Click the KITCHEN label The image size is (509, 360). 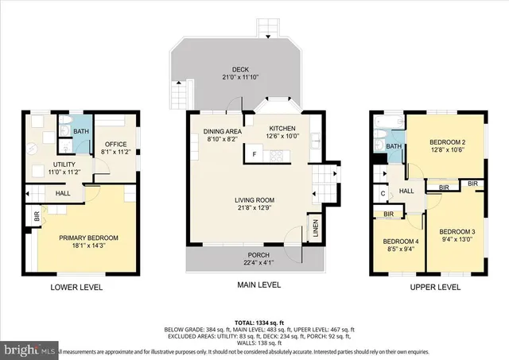282,128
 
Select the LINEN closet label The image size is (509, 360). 315,229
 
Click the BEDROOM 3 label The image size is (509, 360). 457,231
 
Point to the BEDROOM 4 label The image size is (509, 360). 400,242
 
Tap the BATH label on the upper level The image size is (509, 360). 394,146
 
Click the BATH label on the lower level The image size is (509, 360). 81,132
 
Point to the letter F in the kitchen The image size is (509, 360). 254,153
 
